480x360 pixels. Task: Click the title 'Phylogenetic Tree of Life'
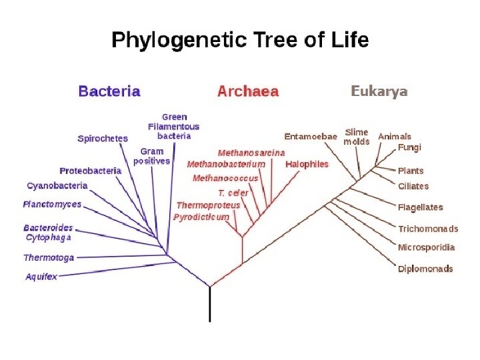click(x=239, y=41)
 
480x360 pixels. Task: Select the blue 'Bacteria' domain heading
click(x=109, y=91)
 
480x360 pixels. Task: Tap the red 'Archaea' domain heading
click(x=248, y=91)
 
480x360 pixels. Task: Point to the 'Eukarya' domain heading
click(x=379, y=91)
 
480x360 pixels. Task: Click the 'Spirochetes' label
click(x=103, y=139)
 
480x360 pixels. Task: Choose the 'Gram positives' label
click(x=152, y=156)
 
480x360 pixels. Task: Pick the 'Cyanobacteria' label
click(x=57, y=185)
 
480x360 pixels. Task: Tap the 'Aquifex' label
click(x=41, y=276)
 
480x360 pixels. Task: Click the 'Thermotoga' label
click(x=49, y=257)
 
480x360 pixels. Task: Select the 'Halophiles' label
click(x=307, y=164)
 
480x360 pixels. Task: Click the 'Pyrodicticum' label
click(x=201, y=217)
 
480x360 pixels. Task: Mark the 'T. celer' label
click(x=233, y=193)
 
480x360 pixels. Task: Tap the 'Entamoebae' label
click(x=311, y=137)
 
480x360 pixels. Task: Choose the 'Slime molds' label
click(x=357, y=137)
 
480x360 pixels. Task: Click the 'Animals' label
click(x=395, y=137)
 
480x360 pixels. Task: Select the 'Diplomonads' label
click(x=425, y=269)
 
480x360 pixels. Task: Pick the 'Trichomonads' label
click(x=428, y=229)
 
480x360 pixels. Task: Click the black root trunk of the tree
click(x=211, y=305)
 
